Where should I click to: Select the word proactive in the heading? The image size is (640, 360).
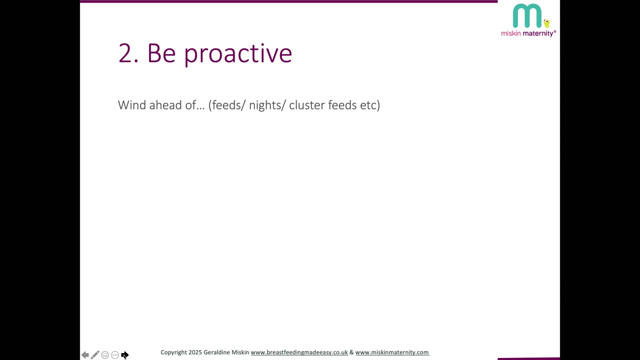tap(238, 55)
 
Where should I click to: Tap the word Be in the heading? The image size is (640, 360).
tap(161, 53)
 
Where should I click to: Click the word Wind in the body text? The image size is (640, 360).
tap(132, 105)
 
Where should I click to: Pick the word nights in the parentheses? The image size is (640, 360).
tap(265, 105)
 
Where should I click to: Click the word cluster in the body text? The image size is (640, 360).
tap(307, 105)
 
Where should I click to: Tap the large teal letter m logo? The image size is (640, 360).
tap(527, 15)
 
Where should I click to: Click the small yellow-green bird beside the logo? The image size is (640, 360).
tap(546, 23)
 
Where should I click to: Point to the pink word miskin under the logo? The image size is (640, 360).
tap(511, 33)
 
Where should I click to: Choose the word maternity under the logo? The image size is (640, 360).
tap(538, 33)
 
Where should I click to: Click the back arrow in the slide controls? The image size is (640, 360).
tap(85, 355)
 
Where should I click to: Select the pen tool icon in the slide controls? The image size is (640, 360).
tap(95, 355)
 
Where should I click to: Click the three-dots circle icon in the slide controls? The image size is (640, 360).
tap(115, 355)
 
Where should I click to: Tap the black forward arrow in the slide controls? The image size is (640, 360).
tap(125, 355)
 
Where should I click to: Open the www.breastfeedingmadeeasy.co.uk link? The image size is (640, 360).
tap(299, 352)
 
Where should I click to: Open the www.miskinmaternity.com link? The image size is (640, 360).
tap(392, 352)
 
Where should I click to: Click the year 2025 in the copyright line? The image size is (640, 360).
tap(195, 352)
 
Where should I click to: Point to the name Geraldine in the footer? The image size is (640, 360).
tap(216, 352)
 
